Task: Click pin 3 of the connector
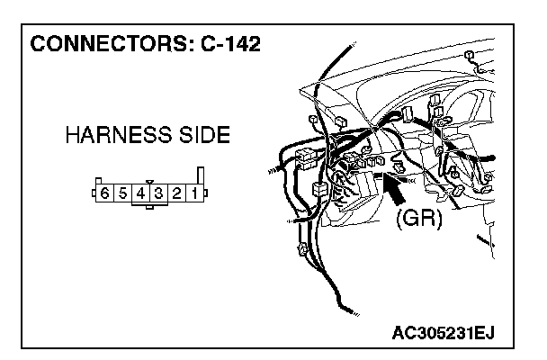(x=158, y=193)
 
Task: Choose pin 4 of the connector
(x=141, y=193)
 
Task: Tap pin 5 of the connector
(x=123, y=193)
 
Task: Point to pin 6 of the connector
(x=106, y=193)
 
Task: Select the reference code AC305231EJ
(x=444, y=335)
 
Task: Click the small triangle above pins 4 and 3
(x=149, y=182)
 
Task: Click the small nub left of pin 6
(x=94, y=193)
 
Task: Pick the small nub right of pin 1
(x=206, y=193)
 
